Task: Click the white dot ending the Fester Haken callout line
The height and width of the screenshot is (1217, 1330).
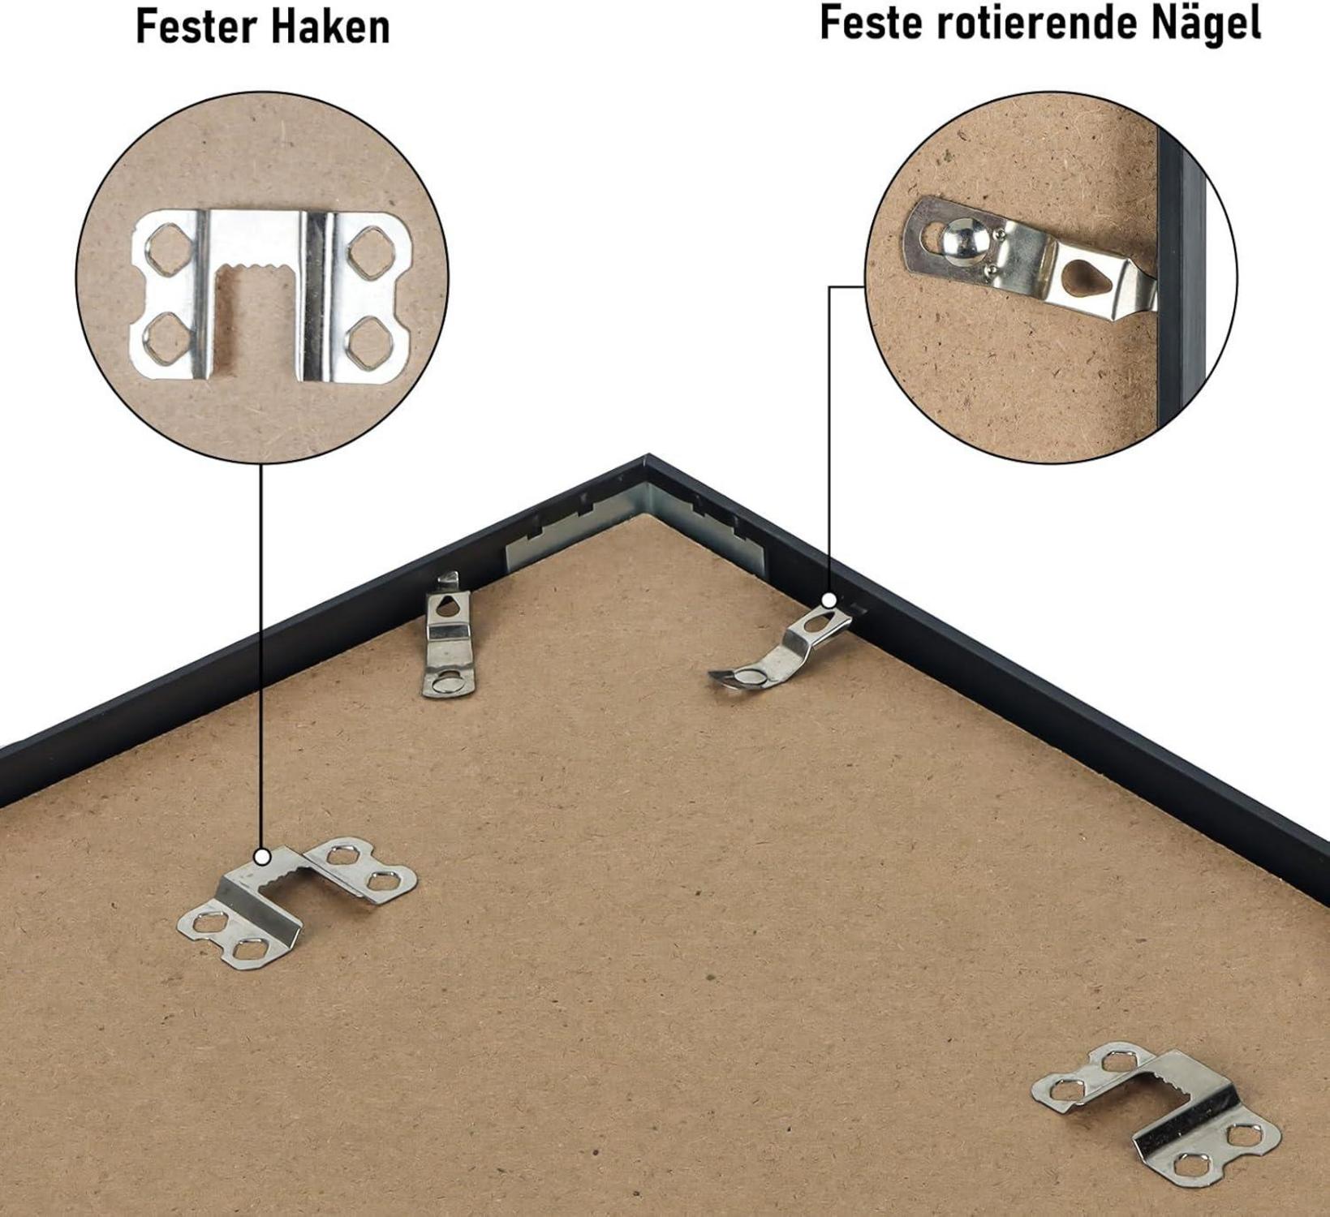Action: (x=262, y=857)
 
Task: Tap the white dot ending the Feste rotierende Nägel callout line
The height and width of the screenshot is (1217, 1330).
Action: (x=829, y=600)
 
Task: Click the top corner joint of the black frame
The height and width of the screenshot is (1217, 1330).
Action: (x=647, y=459)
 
